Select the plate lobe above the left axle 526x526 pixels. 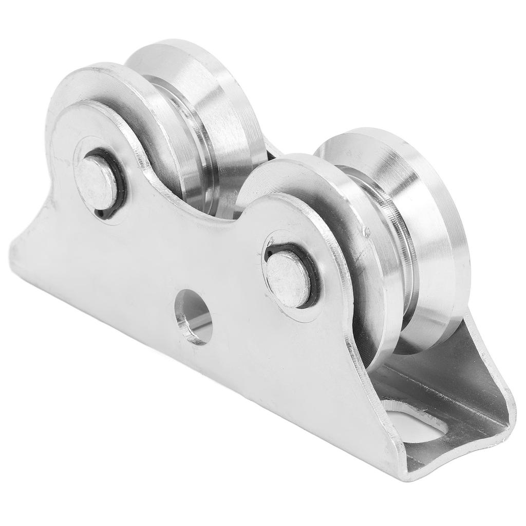pyautogui.click(x=98, y=118)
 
